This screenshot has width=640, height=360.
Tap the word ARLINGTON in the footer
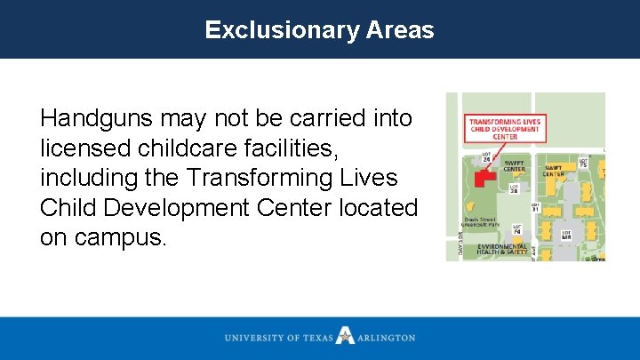point(386,338)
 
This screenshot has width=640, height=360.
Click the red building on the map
point(484,177)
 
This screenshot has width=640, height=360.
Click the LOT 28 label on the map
point(514,188)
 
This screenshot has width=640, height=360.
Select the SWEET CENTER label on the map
point(514,166)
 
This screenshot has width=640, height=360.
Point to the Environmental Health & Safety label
point(501,249)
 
